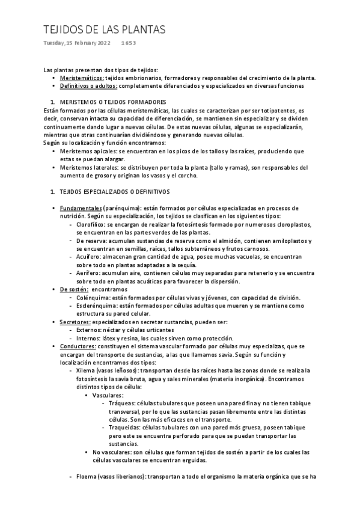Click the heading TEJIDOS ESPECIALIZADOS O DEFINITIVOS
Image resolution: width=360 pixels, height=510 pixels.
pos(115,191)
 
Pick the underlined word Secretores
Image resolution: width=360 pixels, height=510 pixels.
pos(75,322)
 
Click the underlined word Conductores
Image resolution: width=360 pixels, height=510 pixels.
pos(78,346)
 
